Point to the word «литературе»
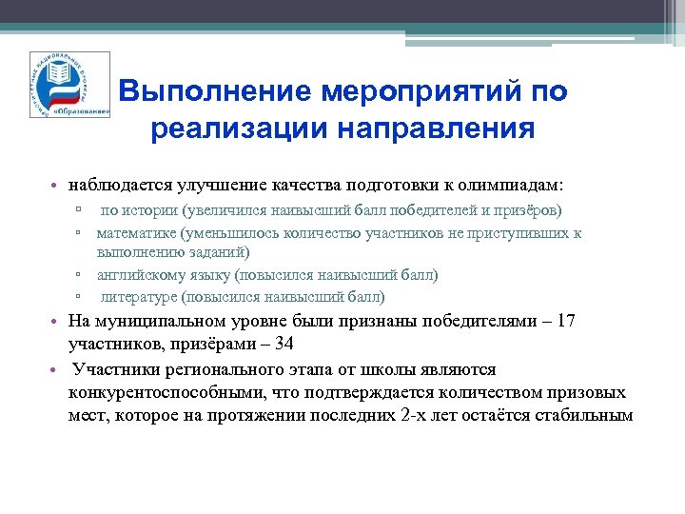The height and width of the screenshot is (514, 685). click(146, 296)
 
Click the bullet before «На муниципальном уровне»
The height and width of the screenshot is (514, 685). click(59, 322)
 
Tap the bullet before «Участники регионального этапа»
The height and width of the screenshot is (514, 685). click(59, 369)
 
